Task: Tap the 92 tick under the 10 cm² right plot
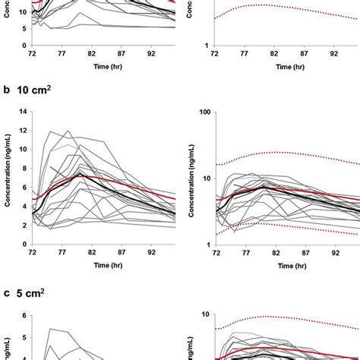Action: coord(334,251)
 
